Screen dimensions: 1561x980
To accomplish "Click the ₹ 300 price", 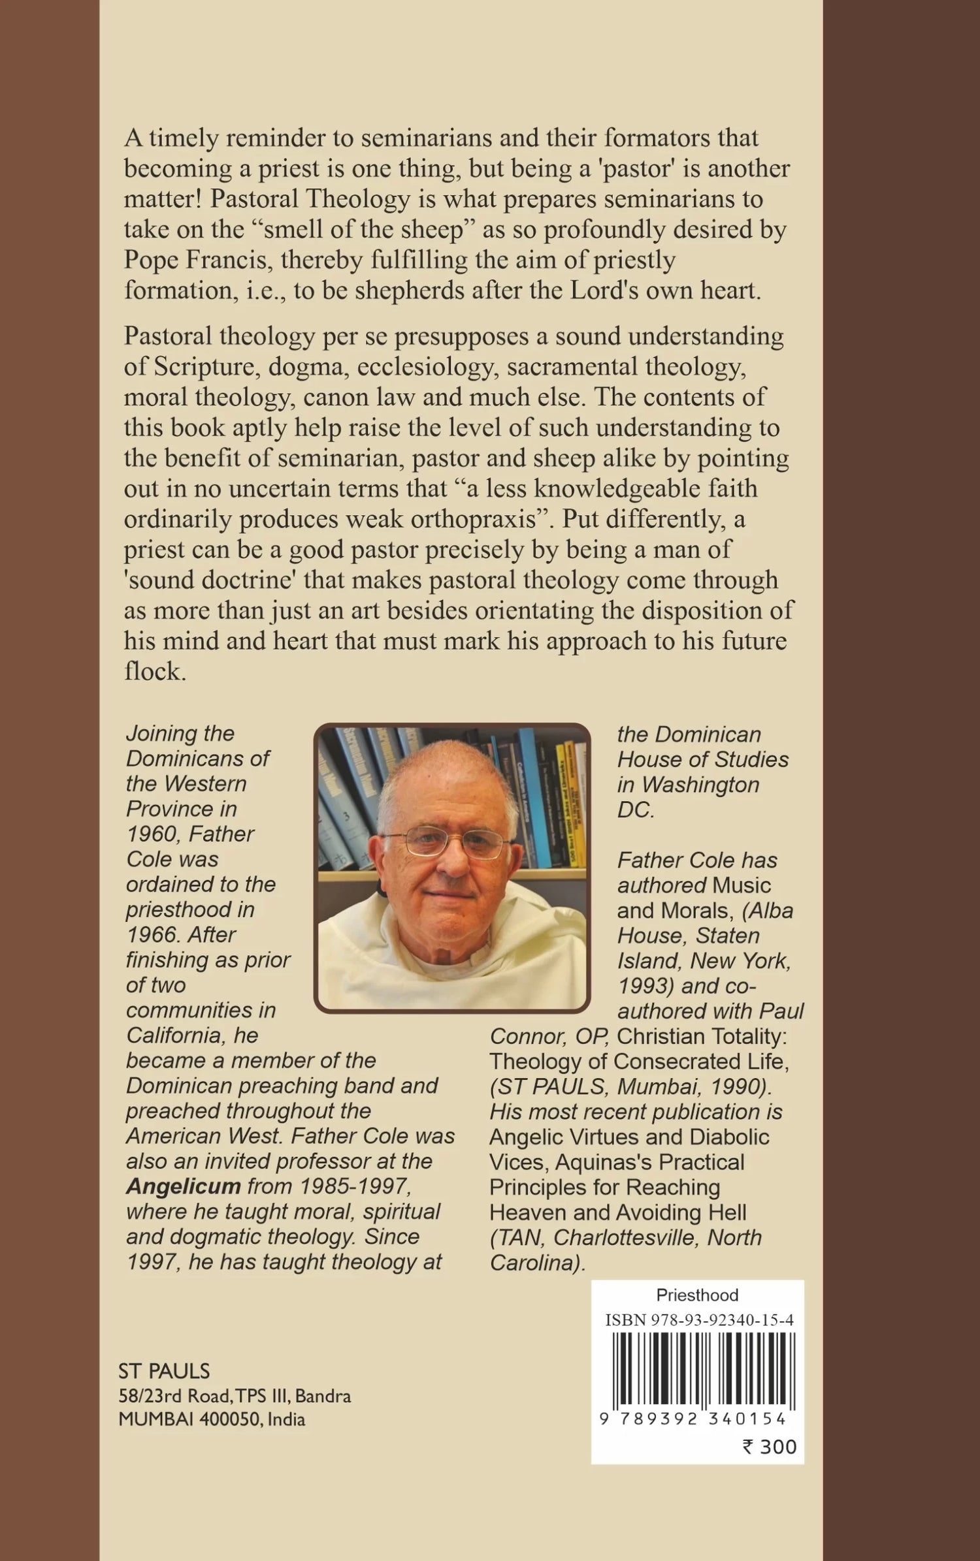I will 769,1447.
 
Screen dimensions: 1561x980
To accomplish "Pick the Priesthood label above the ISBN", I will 697,1295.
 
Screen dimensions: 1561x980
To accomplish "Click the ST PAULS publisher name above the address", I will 164,1371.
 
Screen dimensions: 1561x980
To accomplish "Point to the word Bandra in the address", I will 323,1396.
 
